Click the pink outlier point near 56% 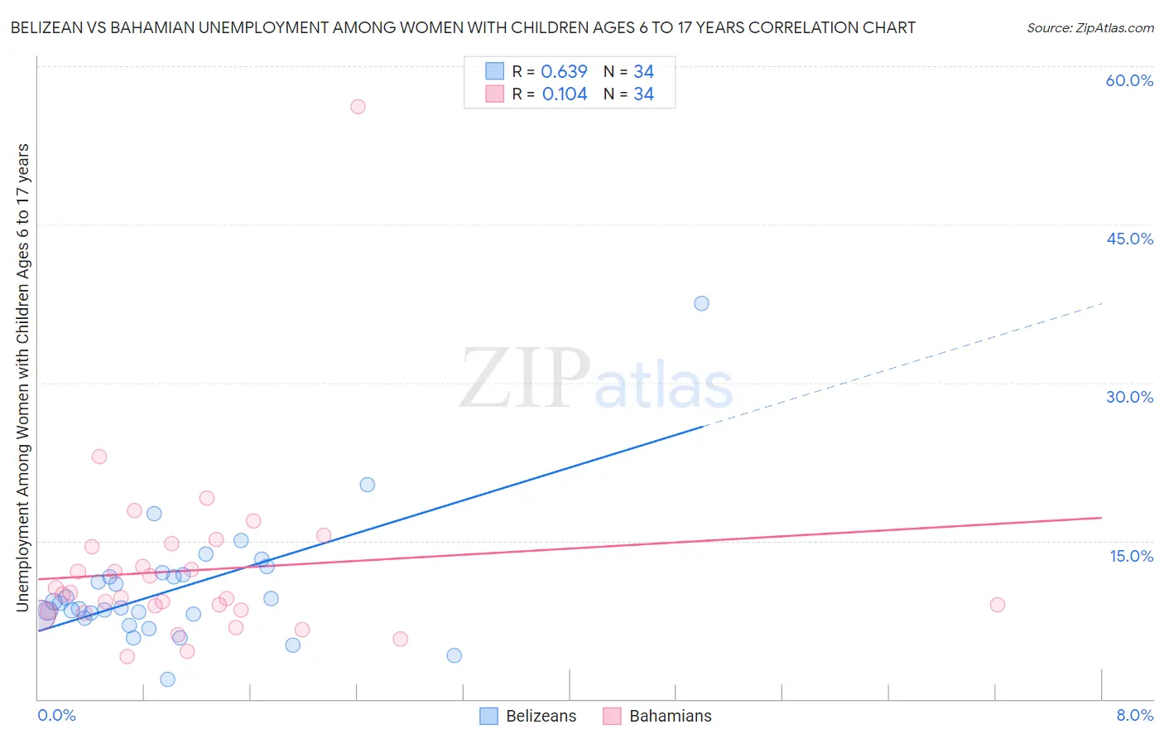click(x=358, y=106)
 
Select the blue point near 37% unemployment click(x=701, y=303)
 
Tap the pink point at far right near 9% click(x=997, y=605)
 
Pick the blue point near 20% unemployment click(x=367, y=485)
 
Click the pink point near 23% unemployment click(x=99, y=456)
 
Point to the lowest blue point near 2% click(x=167, y=679)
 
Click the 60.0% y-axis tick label click(x=1129, y=80)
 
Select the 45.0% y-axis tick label click(x=1129, y=239)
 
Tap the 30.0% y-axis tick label click(x=1129, y=397)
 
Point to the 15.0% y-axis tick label click(x=1131, y=556)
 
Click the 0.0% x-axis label click(x=56, y=716)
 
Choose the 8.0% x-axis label click(x=1134, y=716)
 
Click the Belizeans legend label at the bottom click(x=541, y=716)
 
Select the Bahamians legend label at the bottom click(x=670, y=716)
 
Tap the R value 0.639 click(x=564, y=72)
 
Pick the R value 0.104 click(x=565, y=94)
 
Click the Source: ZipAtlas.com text click(x=1089, y=28)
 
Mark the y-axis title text click(x=22, y=377)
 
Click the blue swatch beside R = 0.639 click(x=494, y=71)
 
